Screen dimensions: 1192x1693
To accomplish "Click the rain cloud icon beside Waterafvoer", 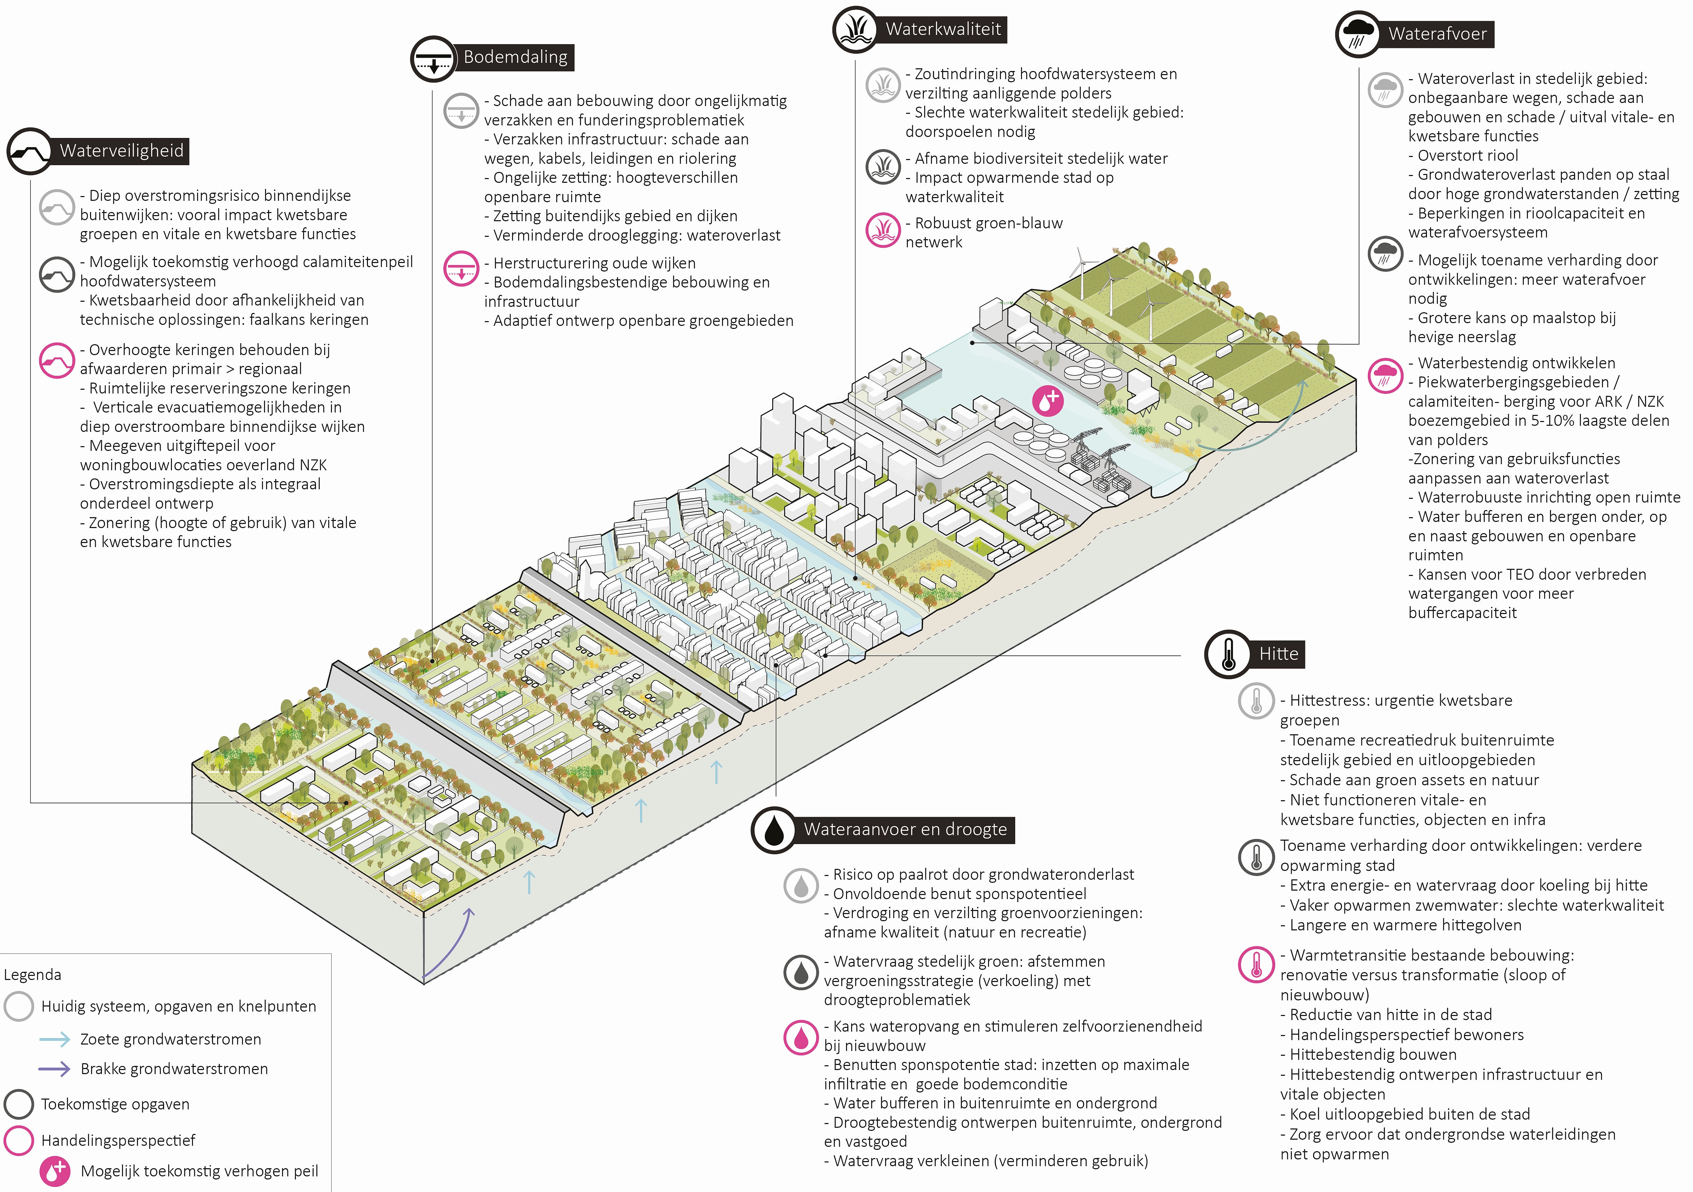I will (1358, 34).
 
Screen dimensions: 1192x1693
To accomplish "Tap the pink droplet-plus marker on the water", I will (1047, 401).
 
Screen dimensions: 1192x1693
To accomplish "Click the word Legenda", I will (32, 975).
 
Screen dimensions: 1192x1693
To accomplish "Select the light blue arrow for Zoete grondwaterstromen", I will (55, 1039).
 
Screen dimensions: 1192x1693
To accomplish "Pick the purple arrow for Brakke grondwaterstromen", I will (55, 1069).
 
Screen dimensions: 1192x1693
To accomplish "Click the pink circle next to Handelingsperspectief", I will (18, 1140).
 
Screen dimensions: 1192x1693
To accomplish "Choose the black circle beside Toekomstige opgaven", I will (18, 1104).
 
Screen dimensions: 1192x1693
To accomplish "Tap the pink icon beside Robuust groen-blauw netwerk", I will (883, 230).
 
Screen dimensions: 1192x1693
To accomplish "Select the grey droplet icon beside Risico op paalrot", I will (801, 885).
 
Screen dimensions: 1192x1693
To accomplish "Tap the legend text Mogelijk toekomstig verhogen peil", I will (199, 1171).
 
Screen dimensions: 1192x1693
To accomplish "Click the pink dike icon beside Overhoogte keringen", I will (57, 361).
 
